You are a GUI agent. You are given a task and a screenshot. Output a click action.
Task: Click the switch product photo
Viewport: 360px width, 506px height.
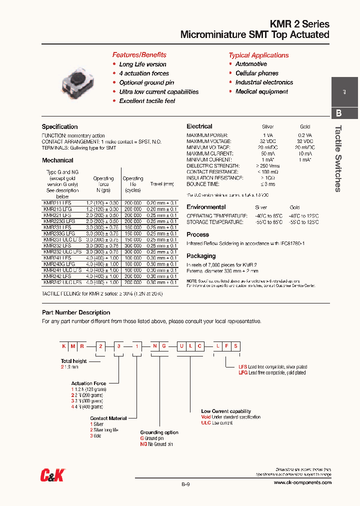click(x=76, y=82)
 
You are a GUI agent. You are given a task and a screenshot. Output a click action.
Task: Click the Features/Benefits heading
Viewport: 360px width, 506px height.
click(x=139, y=55)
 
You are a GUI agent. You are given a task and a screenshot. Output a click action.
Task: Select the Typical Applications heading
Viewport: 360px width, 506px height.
click(x=258, y=55)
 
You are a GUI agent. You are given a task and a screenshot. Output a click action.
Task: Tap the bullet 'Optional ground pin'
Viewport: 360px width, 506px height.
click(x=146, y=82)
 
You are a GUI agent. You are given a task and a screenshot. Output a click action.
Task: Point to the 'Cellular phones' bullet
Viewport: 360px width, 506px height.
click(x=257, y=73)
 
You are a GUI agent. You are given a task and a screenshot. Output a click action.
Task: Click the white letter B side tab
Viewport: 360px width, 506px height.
click(x=339, y=113)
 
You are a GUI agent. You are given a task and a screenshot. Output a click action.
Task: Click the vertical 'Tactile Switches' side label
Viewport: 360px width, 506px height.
click(x=338, y=158)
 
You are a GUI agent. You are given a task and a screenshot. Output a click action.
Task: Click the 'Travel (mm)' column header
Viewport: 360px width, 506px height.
click(x=162, y=184)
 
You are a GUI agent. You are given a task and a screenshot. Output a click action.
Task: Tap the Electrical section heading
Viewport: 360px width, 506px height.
click(x=199, y=126)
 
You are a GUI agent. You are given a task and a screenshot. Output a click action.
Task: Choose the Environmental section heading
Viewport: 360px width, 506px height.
click(x=206, y=207)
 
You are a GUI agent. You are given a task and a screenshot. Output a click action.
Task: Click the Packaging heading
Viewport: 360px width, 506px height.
click(x=201, y=256)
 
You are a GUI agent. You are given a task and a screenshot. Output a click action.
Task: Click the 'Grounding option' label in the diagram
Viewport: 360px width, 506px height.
click(x=159, y=432)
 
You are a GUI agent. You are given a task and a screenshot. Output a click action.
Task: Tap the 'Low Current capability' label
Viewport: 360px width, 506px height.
click(x=226, y=411)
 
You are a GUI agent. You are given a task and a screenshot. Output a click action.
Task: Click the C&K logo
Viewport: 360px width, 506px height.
click(x=52, y=476)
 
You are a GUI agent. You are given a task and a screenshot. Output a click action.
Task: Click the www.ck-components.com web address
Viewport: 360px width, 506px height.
click(x=302, y=482)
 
